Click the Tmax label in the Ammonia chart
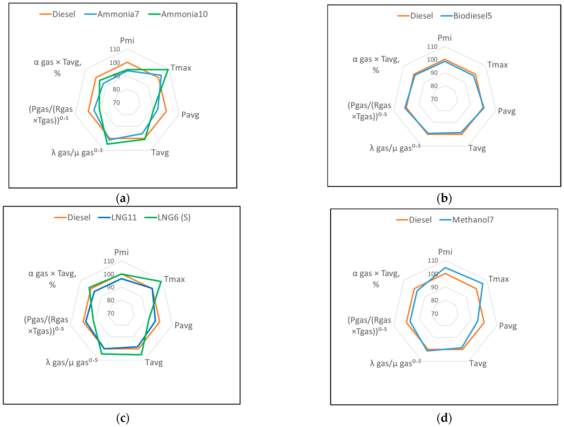coord(181,68)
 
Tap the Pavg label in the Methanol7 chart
coord(508,326)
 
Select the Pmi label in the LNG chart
coord(121,252)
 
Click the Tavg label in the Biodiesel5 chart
coord(477,148)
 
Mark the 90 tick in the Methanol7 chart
coord(434,287)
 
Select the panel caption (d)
coord(444,418)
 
